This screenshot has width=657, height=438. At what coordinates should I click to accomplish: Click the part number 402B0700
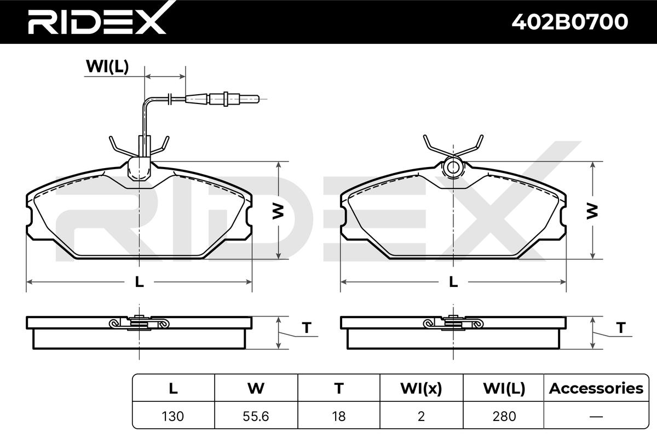(570, 22)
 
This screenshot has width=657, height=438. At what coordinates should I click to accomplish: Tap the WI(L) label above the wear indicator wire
(107, 67)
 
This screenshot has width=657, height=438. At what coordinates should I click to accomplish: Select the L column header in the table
(173, 388)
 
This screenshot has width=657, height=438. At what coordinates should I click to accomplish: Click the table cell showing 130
(173, 416)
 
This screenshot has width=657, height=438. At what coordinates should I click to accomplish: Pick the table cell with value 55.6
(256, 416)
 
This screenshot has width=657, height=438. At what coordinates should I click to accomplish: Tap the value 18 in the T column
(339, 416)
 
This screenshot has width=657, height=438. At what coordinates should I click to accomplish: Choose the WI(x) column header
(421, 388)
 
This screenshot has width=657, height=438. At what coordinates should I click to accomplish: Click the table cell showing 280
(504, 416)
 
